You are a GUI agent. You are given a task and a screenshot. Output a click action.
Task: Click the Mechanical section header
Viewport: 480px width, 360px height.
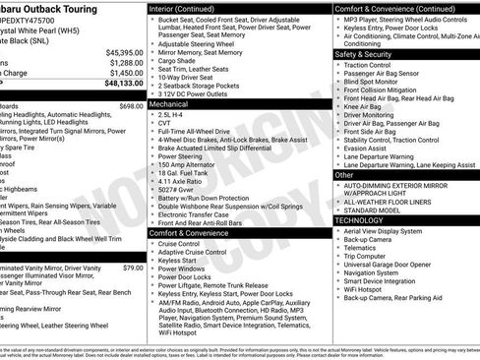coord(168,102)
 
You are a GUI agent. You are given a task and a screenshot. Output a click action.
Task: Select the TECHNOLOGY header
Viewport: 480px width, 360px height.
coord(358,220)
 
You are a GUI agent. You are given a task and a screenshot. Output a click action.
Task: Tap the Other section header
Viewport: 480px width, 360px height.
coord(344,174)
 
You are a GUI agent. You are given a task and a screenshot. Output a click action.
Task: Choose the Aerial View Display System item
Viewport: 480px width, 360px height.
coord(389,231)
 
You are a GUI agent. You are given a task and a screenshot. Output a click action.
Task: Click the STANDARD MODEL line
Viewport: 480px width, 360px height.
coord(373,210)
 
